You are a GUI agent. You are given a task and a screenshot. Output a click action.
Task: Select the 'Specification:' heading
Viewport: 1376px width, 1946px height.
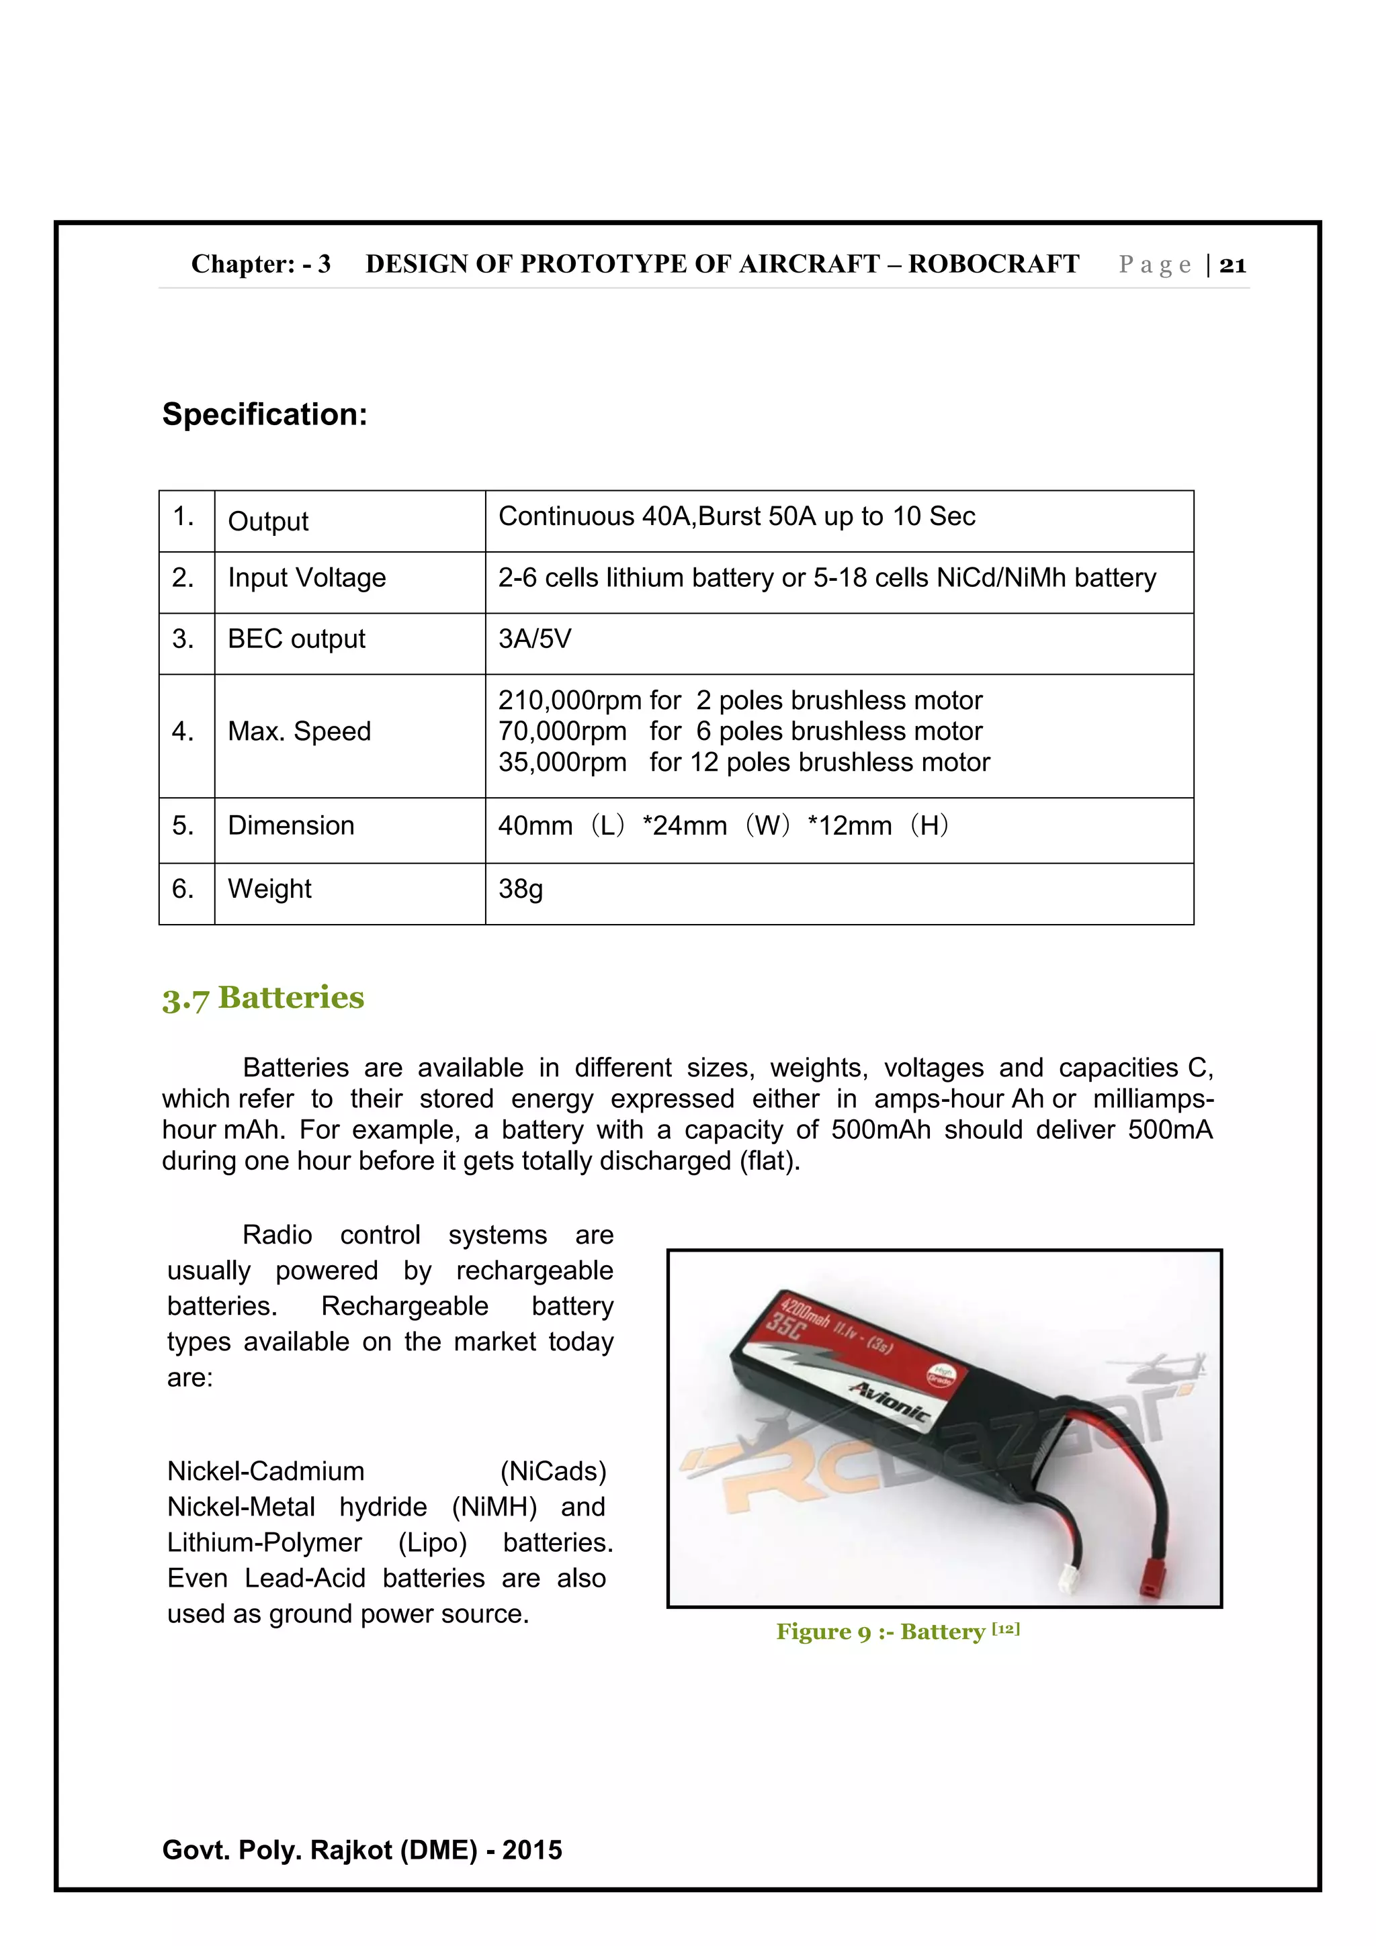265,414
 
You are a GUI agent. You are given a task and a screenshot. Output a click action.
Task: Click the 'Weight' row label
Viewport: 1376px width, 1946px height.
269,888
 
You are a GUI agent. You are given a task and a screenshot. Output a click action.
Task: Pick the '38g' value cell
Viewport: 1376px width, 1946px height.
521,888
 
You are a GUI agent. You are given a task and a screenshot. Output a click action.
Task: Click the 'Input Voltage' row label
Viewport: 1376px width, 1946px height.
306,577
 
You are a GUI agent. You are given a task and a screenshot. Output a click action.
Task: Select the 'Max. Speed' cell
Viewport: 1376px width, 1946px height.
299,731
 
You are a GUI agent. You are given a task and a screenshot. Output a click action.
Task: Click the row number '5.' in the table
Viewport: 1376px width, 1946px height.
183,825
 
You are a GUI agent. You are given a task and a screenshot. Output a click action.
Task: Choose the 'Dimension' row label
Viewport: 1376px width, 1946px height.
291,825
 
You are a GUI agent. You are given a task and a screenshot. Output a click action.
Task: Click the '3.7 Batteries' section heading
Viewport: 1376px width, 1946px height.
263,998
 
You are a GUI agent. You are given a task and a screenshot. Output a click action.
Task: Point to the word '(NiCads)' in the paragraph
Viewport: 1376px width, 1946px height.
553,1471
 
